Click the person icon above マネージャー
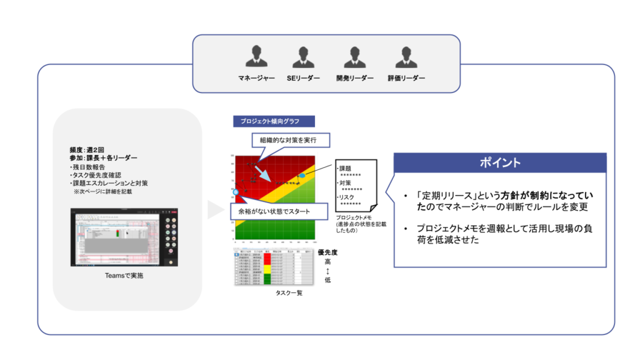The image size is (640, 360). point(256,57)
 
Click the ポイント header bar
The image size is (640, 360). point(499,163)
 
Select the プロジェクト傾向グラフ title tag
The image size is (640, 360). point(274,121)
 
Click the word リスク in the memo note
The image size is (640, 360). point(347,197)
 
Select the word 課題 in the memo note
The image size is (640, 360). point(346,169)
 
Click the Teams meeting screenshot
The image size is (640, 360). point(124,237)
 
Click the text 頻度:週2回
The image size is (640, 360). point(87,151)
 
